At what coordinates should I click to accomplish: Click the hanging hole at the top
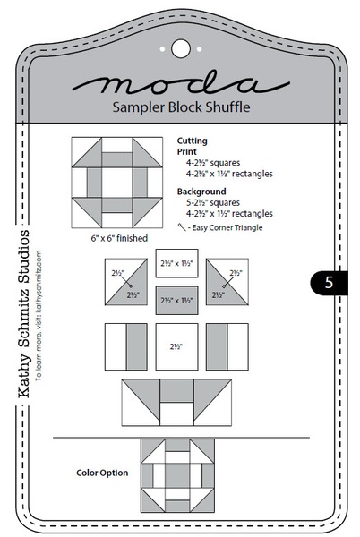[180, 47]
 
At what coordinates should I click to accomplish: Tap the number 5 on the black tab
[329, 282]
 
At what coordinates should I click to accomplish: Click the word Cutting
[192, 141]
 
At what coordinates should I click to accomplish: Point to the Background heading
[201, 192]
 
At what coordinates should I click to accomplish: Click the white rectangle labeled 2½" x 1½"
[176, 264]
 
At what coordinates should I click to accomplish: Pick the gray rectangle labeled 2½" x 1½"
[176, 301]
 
